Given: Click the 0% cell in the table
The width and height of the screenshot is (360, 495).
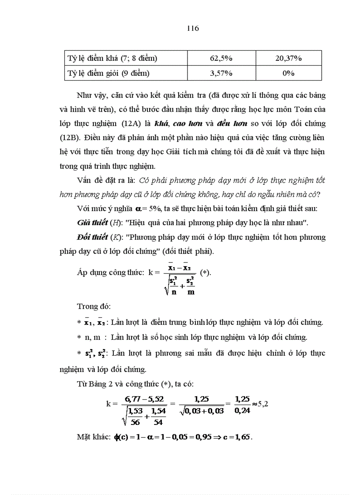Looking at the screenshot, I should [x=288, y=73].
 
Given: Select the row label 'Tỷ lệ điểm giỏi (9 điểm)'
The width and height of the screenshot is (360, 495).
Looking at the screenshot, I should [x=108, y=73].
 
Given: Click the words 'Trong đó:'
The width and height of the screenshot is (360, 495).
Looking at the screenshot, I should [x=91, y=306].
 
